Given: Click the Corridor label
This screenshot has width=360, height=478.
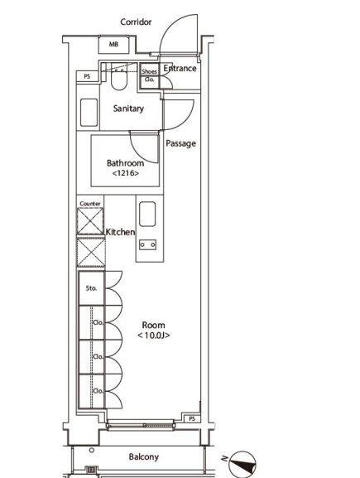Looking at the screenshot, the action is pyautogui.click(x=136, y=22).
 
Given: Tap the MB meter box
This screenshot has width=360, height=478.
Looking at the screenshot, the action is pyautogui.click(x=113, y=45).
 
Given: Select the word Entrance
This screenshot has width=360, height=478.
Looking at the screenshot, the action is pyautogui.click(x=180, y=68).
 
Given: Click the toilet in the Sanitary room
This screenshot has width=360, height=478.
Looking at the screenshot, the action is pyautogui.click(x=119, y=80).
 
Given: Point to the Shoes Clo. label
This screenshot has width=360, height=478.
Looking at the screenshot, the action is pyautogui.click(x=149, y=75).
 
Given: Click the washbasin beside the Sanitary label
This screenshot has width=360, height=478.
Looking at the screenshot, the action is pyautogui.click(x=89, y=112).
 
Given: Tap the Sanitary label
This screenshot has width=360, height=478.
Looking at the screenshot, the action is pyautogui.click(x=128, y=109).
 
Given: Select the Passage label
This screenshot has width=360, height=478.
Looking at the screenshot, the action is pyautogui.click(x=180, y=143).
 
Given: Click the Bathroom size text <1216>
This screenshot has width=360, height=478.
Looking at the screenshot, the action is pyautogui.click(x=126, y=173).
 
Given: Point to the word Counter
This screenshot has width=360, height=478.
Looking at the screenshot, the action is pyautogui.click(x=90, y=203).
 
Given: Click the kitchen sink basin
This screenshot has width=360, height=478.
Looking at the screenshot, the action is pyautogui.click(x=147, y=214).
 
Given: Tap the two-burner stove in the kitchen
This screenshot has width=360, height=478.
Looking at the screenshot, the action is pyautogui.click(x=147, y=244).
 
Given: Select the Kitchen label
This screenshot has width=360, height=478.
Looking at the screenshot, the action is pyautogui.click(x=120, y=232).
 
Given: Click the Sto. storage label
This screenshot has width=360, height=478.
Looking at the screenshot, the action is pyautogui.click(x=91, y=288).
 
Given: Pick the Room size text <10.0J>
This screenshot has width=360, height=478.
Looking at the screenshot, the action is pyautogui.click(x=153, y=336).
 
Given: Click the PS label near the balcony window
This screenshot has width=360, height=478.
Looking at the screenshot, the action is pyautogui.click(x=191, y=418).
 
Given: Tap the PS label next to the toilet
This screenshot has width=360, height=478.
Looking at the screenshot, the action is pyautogui.click(x=87, y=76).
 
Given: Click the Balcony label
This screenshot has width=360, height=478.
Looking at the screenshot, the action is pyautogui.click(x=144, y=456).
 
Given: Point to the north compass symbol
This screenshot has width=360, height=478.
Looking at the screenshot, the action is pyautogui.click(x=242, y=464).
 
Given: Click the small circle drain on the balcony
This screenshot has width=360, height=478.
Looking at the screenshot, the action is pyautogui.click(x=92, y=450).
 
